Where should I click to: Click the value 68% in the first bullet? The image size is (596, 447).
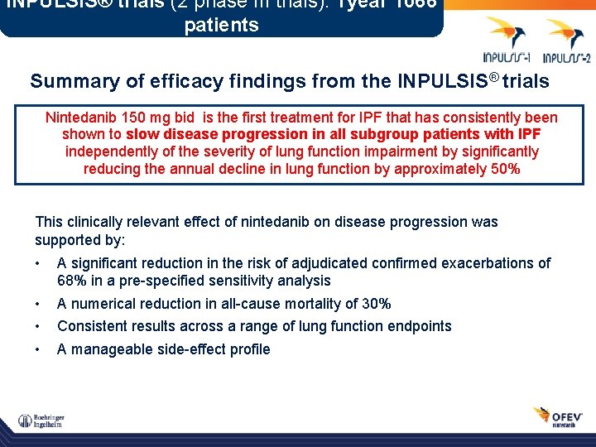point(71,281)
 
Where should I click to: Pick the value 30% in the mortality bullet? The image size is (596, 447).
point(374,304)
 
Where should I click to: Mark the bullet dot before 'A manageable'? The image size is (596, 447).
point(38,349)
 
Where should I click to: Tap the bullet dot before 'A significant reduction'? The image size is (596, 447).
point(38,264)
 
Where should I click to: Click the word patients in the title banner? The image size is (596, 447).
point(221,25)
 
